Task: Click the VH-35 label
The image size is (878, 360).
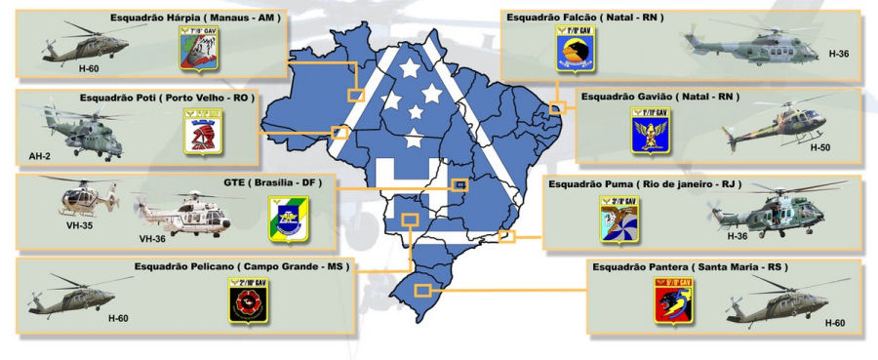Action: (x=83, y=222)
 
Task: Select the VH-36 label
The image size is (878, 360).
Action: (x=152, y=238)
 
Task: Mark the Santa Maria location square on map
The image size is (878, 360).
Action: (x=422, y=290)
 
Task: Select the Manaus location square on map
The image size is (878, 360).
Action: (x=356, y=95)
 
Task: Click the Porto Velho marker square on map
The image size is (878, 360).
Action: (x=340, y=133)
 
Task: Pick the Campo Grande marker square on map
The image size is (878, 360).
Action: (x=411, y=220)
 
